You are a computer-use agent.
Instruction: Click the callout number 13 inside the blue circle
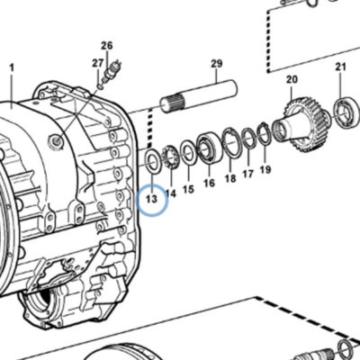pyautogui.click(x=152, y=199)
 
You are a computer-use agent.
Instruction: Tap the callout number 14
pyautogui.click(x=170, y=193)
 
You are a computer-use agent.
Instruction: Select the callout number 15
pyautogui.click(x=188, y=189)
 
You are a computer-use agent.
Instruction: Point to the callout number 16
pyautogui.click(x=209, y=183)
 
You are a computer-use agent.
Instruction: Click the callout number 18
pyautogui.click(x=230, y=178)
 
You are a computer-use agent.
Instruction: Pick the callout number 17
pyautogui.click(x=248, y=174)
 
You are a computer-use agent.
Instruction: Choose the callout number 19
pyautogui.click(x=265, y=169)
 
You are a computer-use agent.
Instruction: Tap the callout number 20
pyautogui.click(x=292, y=79)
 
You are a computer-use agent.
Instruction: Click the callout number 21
pyautogui.click(x=341, y=67)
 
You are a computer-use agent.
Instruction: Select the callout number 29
pyautogui.click(x=217, y=64)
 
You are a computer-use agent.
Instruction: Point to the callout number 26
pyautogui.click(x=107, y=46)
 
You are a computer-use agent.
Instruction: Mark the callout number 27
pyautogui.click(x=98, y=63)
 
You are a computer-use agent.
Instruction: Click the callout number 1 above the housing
pyautogui.click(x=12, y=67)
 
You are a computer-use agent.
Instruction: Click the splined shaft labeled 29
pyautogui.click(x=199, y=95)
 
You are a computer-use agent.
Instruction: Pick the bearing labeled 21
pyautogui.click(x=347, y=111)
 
